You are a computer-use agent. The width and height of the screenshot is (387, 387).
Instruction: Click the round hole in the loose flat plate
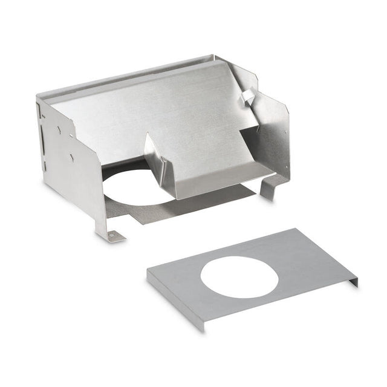click(239, 277)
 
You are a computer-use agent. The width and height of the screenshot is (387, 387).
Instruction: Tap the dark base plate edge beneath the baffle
click(200, 203)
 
